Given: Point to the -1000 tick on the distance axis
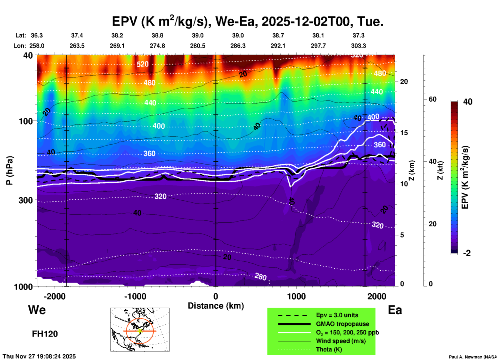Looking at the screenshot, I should click(135, 296).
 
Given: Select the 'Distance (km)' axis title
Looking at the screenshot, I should click(216, 306).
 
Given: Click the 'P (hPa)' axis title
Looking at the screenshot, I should click(10, 170).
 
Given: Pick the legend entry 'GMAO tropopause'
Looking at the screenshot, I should click(342, 324).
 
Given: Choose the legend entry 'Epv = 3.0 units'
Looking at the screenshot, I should click(337, 315).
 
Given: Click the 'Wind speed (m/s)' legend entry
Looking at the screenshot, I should click(341, 341).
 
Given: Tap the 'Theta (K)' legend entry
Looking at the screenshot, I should click(329, 350).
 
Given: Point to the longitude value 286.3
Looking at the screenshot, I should click(238, 46).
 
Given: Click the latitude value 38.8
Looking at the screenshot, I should click(157, 35).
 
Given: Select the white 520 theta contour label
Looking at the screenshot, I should click(142, 64).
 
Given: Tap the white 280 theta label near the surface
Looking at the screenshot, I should click(260, 277).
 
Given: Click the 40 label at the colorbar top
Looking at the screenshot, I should click(468, 102).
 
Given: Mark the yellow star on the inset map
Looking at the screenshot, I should click(140, 331).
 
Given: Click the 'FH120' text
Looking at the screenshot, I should click(45, 334).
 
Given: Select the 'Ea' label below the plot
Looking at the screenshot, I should click(395, 310).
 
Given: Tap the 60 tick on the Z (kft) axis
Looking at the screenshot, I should click(432, 99).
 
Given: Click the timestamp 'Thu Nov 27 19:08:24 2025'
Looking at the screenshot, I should click(39, 356).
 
